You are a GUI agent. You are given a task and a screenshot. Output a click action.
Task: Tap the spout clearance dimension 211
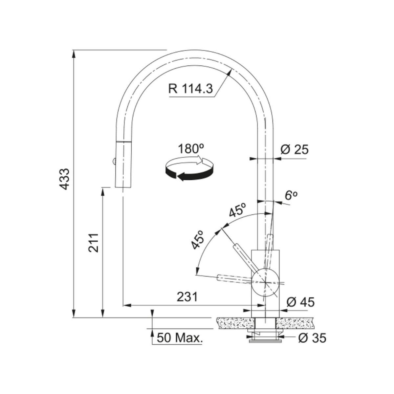point(94,243)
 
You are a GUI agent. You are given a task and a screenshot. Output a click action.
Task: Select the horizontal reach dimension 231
point(187,297)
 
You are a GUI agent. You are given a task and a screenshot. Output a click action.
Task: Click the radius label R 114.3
point(190,89)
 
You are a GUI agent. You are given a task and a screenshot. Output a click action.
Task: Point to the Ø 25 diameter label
point(295,150)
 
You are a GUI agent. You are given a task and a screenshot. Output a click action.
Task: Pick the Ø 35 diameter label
point(312,338)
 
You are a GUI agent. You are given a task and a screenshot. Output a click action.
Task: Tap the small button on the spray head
point(113,161)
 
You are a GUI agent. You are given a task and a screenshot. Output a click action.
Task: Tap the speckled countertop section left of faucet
point(234,323)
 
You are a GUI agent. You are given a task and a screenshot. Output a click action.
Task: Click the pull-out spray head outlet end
point(123,186)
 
